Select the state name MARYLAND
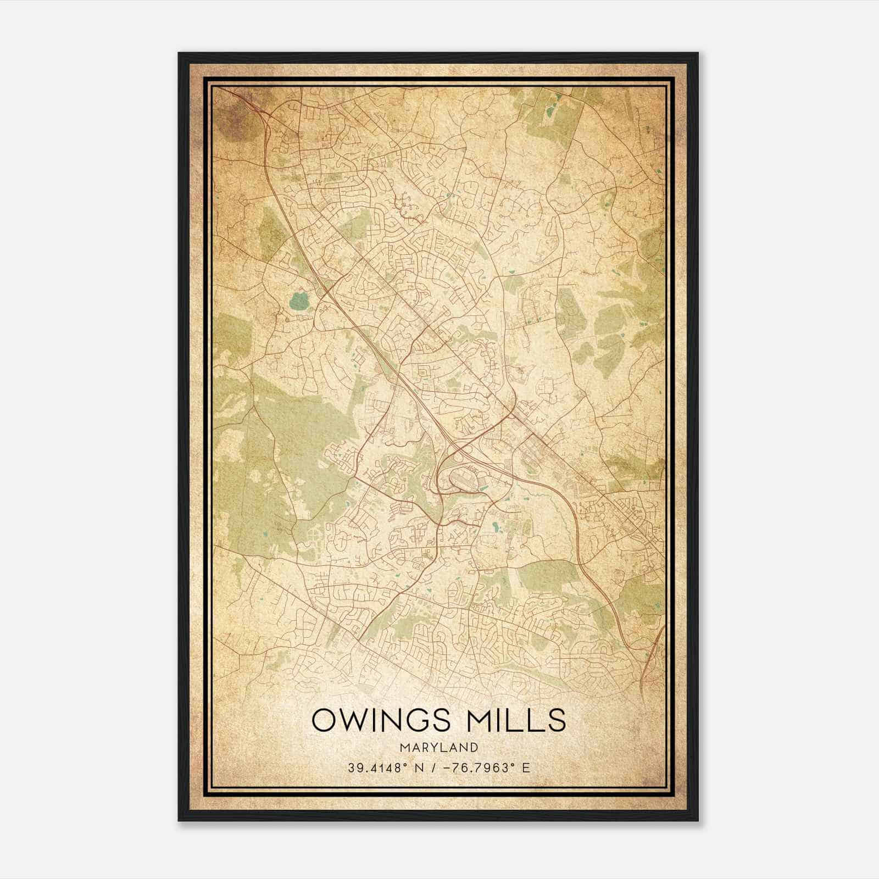(438, 747)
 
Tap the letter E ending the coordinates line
(526, 767)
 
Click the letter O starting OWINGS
(324, 720)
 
